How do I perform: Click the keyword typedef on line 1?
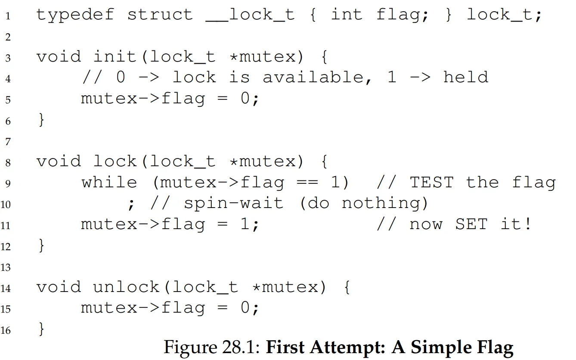tap(75, 15)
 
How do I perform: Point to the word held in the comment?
tap(466, 77)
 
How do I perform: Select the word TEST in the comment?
tap(432, 182)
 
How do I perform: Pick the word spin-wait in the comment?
tap(234, 203)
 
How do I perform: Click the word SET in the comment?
tap(471, 224)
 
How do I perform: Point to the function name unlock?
tap(126, 287)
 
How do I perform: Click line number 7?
tap(8, 142)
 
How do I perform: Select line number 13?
tap(6, 267)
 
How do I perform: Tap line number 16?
tap(6, 330)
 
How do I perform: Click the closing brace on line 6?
tap(41, 120)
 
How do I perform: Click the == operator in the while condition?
tap(307, 182)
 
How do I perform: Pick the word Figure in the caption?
tap(191, 348)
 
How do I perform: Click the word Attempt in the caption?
tap(347, 347)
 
